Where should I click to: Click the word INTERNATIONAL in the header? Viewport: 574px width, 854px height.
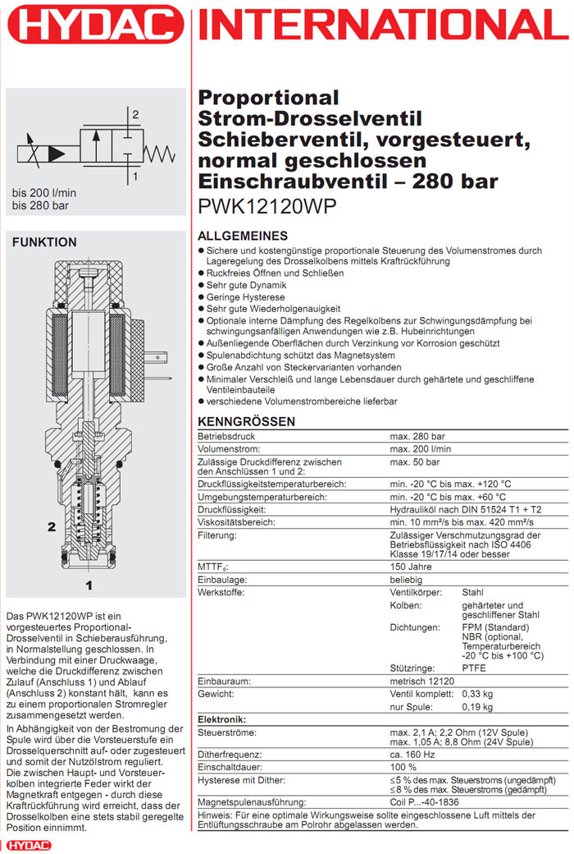pyautogui.click(x=383, y=26)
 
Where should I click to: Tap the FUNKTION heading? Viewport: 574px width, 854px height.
pyautogui.click(x=44, y=242)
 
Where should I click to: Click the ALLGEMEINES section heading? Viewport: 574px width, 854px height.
pyautogui.click(x=244, y=236)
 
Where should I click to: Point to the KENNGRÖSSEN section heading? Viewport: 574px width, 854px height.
pyautogui.click(x=247, y=422)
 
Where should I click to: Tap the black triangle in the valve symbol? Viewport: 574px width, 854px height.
pyautogui.click(x=57, y=153)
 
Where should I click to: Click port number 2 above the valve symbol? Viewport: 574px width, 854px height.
pyautogui.click(x=135, y=114)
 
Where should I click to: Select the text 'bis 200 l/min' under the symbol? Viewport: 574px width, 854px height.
pyautogui.click(x=44, y=193)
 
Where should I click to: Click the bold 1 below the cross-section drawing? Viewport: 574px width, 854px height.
pyautogui.click(x=89, y=585)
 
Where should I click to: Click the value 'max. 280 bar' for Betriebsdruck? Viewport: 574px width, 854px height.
pyautogui.click(x=419, y=437)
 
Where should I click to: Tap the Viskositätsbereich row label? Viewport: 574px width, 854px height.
pyautogui.click(x=235, y=522)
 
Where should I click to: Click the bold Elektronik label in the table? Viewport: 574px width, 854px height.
pyautogui.click(x=223, y=719)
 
